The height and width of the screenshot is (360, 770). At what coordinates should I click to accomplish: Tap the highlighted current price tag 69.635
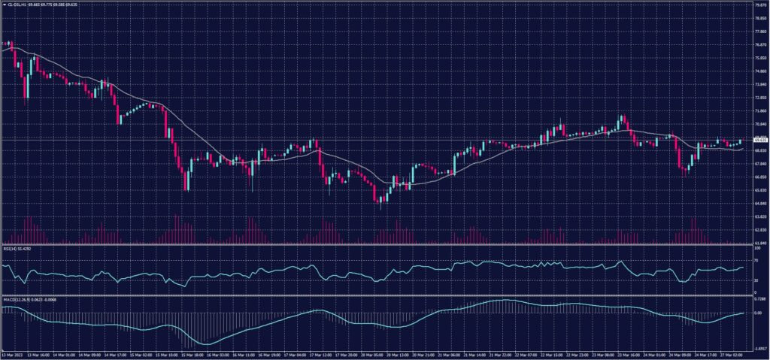coord(759,140)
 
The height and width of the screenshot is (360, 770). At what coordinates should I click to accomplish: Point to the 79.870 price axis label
coord(759,5)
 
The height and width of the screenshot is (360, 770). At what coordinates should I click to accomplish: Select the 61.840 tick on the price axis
coord(759,243)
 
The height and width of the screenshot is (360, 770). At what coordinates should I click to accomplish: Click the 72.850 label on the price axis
coord(759,98)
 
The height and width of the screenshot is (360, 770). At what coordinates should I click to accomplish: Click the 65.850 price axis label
coord(759,190)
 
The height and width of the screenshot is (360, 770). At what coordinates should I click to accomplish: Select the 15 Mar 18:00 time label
coord(191,356)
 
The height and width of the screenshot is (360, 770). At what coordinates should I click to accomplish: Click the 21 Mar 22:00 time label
coord(502,356)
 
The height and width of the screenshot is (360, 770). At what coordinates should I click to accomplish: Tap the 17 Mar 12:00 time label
coord(321,356)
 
